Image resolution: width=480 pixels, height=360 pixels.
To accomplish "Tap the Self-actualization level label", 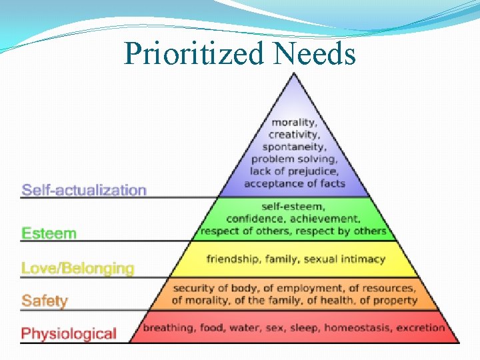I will point(84,190).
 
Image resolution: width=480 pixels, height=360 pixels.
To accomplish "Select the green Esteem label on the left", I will point(49,233).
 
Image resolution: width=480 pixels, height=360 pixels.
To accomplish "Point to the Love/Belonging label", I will point(77,269).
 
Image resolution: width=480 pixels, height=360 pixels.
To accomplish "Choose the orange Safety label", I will point(45,301).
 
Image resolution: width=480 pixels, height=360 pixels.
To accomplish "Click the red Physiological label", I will point(69,333).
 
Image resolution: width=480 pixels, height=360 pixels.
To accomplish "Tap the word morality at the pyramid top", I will point(294,123).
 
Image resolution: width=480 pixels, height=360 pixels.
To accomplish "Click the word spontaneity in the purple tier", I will point(294,147).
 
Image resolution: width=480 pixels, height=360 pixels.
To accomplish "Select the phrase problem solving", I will point(294,159).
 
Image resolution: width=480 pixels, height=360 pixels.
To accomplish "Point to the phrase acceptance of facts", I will point(294,183).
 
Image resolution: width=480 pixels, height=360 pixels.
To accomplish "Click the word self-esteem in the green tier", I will point(294,207).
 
